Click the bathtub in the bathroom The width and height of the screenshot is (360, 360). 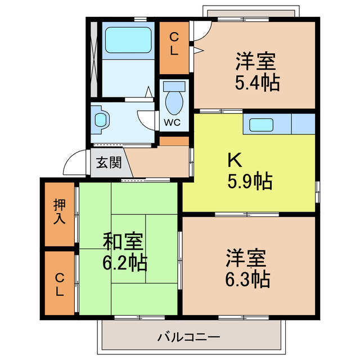[128, 39]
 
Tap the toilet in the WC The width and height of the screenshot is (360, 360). [175, 99]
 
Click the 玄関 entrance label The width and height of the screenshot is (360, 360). [109, 163]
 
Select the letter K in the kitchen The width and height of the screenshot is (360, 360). [234, 161]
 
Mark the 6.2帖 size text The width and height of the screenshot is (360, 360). [125, 261]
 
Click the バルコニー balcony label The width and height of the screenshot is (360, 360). [189, 337]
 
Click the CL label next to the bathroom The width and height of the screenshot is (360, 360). [175, 44]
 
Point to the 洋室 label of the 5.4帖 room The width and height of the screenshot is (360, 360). [256, 59]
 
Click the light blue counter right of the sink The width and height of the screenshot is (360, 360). [303, 124]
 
